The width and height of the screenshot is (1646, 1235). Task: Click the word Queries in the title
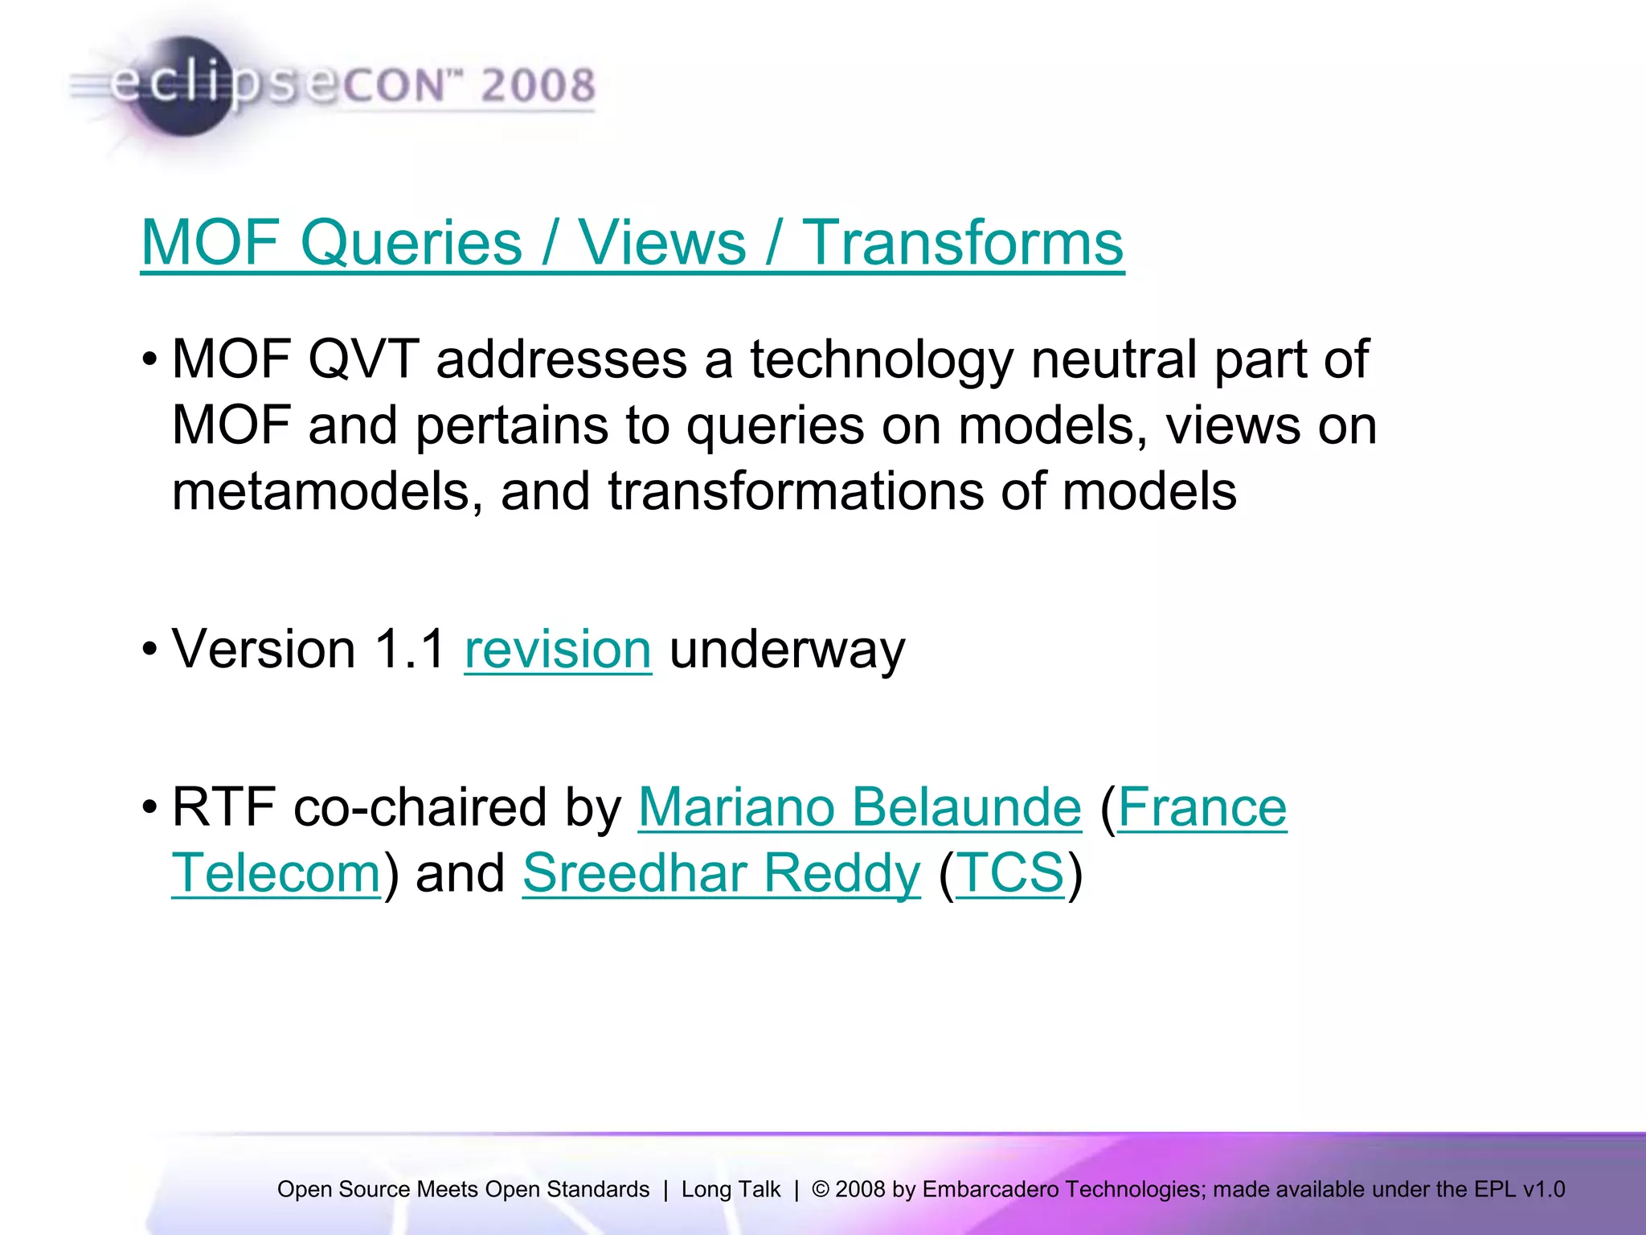(x=411, y=243)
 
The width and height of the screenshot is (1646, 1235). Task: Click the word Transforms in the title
(x=963, y=243)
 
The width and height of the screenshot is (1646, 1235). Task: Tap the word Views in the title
(x=662, y=243)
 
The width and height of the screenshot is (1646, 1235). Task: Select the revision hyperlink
(x=558, y=649)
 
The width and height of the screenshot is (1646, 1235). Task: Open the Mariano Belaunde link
(x=859, y=807)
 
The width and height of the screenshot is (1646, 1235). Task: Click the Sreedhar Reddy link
(x=721, y=873)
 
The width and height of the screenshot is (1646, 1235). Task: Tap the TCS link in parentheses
(x=1010, y=873)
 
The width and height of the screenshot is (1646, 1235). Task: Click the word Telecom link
(x=276, y=873)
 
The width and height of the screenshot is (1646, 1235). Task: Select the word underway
(x=787, y=649)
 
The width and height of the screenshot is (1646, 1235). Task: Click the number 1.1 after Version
(x=410, y=649)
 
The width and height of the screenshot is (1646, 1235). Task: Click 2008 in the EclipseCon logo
(x=538, y=85)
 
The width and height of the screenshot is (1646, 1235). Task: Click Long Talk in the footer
(x=731, y=1189)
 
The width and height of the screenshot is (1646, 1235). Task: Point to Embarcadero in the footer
(x=990, y=1189)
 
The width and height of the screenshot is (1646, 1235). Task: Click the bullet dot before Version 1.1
(x=149, y=650)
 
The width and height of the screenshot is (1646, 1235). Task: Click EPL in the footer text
(x=1496, y=1189)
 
